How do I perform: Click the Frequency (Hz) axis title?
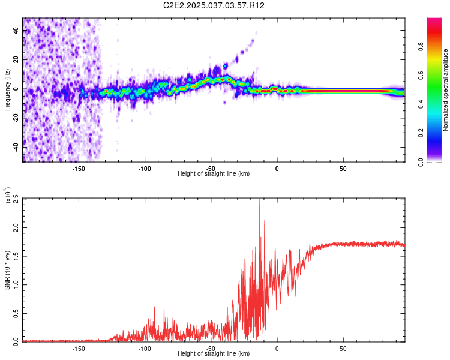pos(7,90)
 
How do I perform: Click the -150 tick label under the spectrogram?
pos(78,168)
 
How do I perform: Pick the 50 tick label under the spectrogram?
pos(343,168)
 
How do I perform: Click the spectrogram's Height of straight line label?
pos(214,174)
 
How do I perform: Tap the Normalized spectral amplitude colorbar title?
pos(445,90)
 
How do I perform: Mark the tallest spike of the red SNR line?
pos(260,200)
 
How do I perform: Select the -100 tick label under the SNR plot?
pos(144,348)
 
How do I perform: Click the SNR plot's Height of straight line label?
pos(214,354)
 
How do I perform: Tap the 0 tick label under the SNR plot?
pos(277,348)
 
